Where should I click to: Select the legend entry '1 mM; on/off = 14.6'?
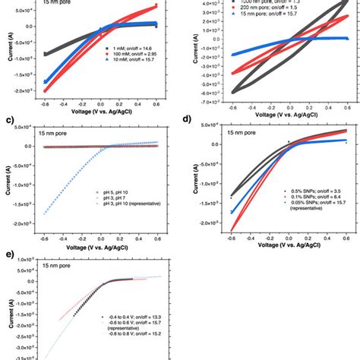134,48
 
